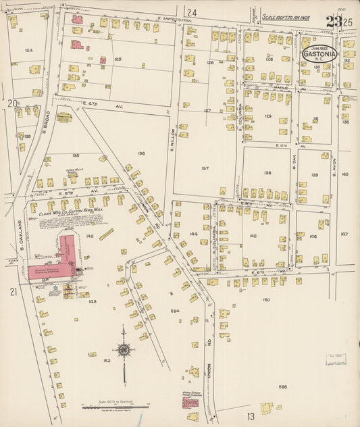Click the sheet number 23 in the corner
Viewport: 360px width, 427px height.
pos(333,21)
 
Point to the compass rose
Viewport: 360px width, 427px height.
pos(124,350)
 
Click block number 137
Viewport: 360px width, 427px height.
pos(205,168)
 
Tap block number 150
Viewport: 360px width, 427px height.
pos(265,299)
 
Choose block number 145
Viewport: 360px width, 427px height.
pos(253,236)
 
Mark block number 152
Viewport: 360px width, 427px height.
pos(107,361)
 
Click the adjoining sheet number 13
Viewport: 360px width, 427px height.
pos(251,416)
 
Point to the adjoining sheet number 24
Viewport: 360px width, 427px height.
pos(192,12)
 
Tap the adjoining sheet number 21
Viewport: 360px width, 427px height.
pos(14,291)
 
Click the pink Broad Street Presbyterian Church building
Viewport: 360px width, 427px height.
pos(190,401)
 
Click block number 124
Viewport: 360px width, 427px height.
pos(28,50)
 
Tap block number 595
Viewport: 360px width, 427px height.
pos(282,386)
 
